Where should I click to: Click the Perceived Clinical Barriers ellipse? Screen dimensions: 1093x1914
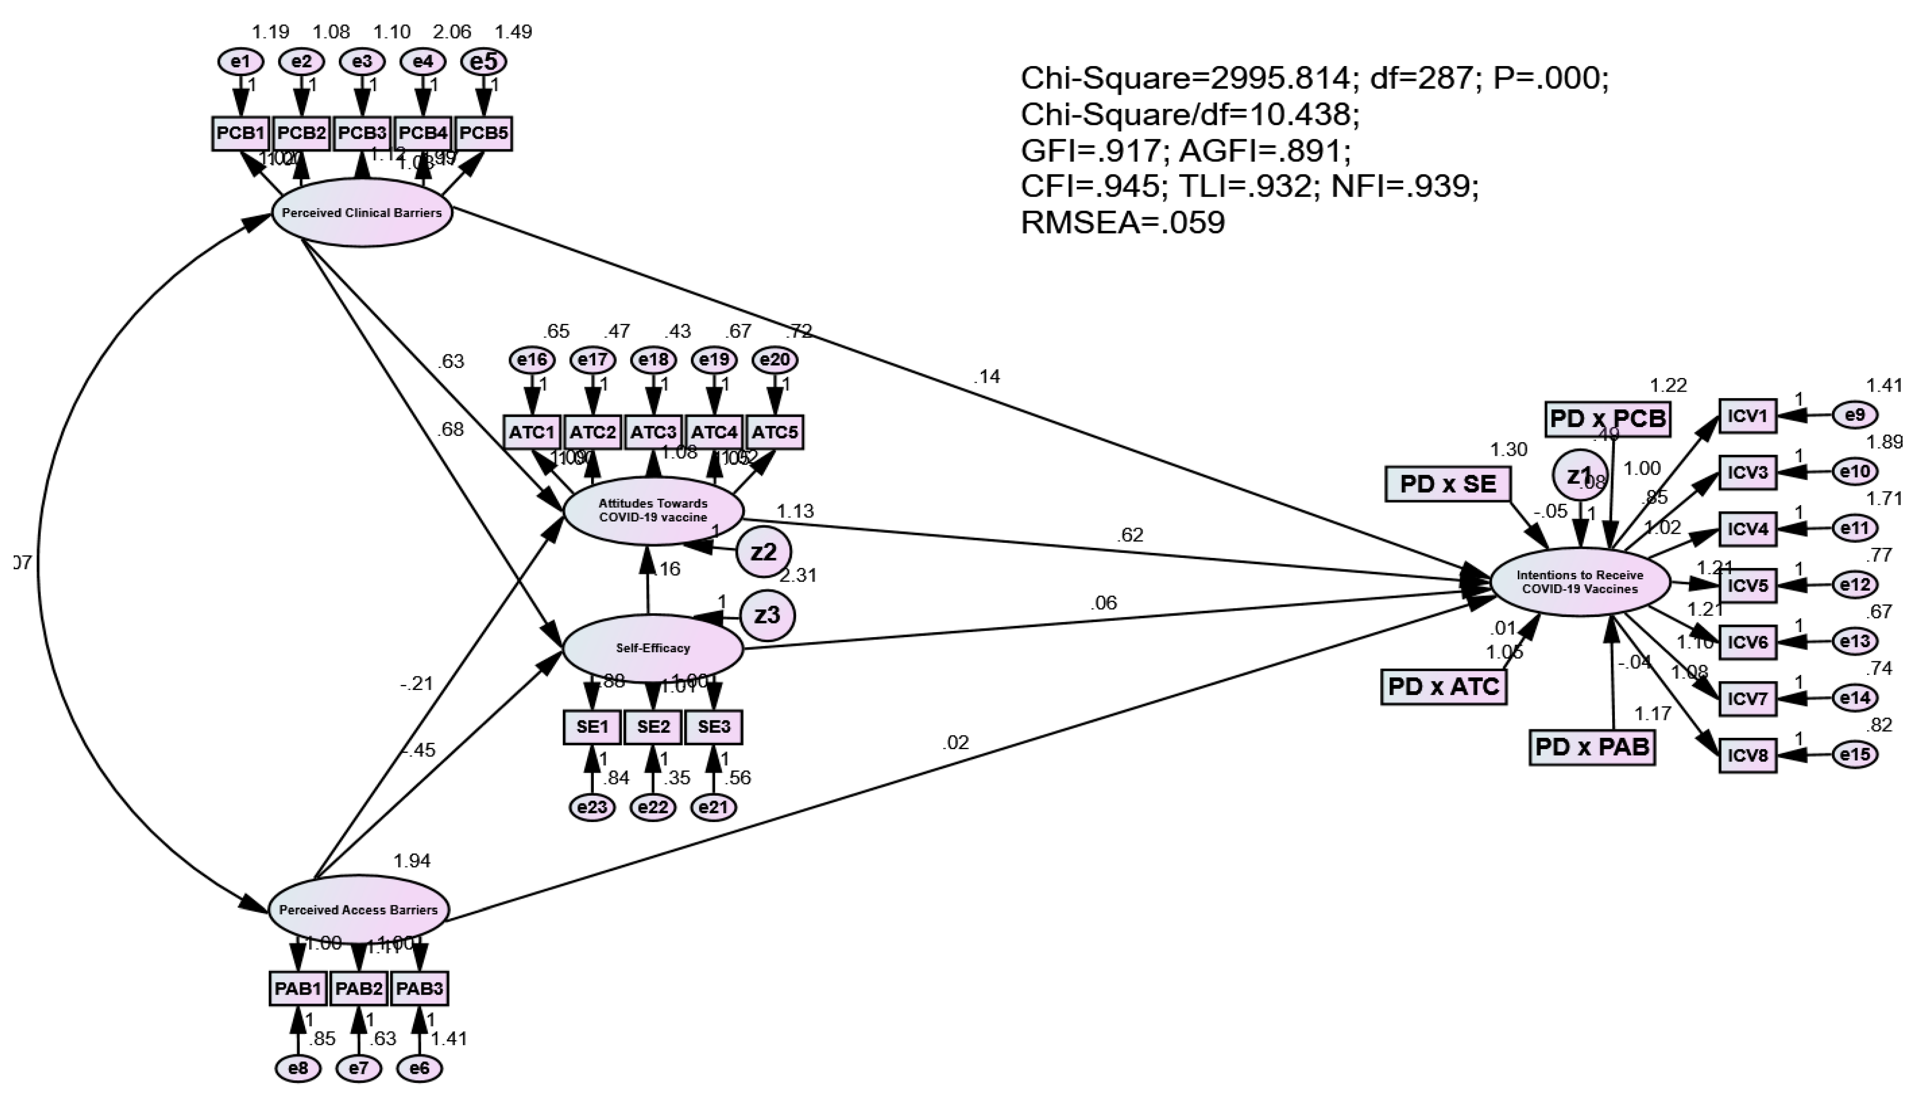tap(362, 212)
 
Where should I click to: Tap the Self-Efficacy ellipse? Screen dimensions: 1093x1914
tap(652, 648)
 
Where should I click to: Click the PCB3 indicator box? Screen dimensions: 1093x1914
tap(362, 133)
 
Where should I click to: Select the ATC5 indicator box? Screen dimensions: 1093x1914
tap(775, 432)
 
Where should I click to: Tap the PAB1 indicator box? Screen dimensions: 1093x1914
tap(298, 988)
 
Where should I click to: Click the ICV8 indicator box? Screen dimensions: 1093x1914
tap(1747, 755)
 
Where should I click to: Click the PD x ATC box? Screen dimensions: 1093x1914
tap(1444, 686)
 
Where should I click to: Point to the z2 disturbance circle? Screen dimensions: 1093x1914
tap(763, 552)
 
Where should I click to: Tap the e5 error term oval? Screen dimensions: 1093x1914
tap(483, 61)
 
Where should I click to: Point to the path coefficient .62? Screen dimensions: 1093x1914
tap(1130, 535)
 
